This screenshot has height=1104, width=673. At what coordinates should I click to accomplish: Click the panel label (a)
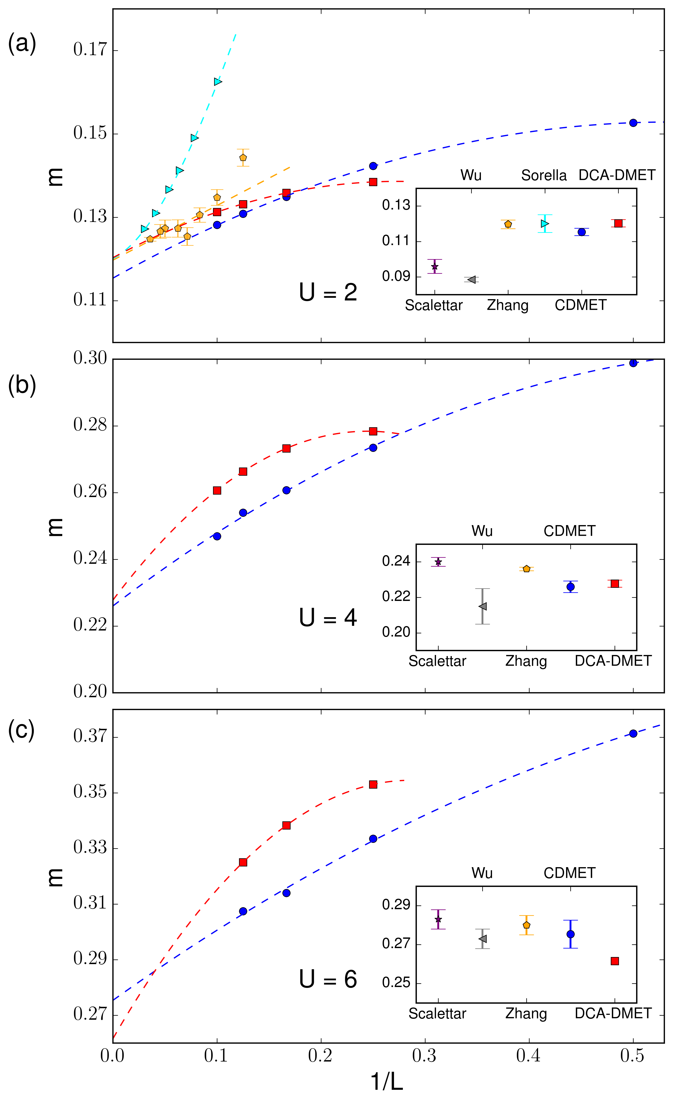[22, 44]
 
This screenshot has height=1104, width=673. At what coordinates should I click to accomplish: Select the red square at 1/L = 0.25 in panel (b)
[373, 431]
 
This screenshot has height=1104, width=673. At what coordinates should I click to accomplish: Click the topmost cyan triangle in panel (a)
[218, 82]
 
